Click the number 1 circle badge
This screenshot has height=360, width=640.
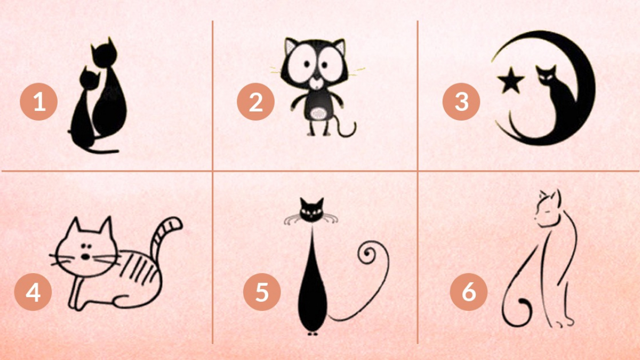click(38, 101)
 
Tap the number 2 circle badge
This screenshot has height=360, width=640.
click(256, 101)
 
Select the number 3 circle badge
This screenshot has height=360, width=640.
click(461, 101)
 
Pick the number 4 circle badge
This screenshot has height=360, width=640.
click(33, 293)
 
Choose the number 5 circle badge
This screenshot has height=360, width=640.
click(261, 293)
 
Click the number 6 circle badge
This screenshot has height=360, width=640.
click(468, 293)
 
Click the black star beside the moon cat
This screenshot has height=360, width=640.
click(510, 82)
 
